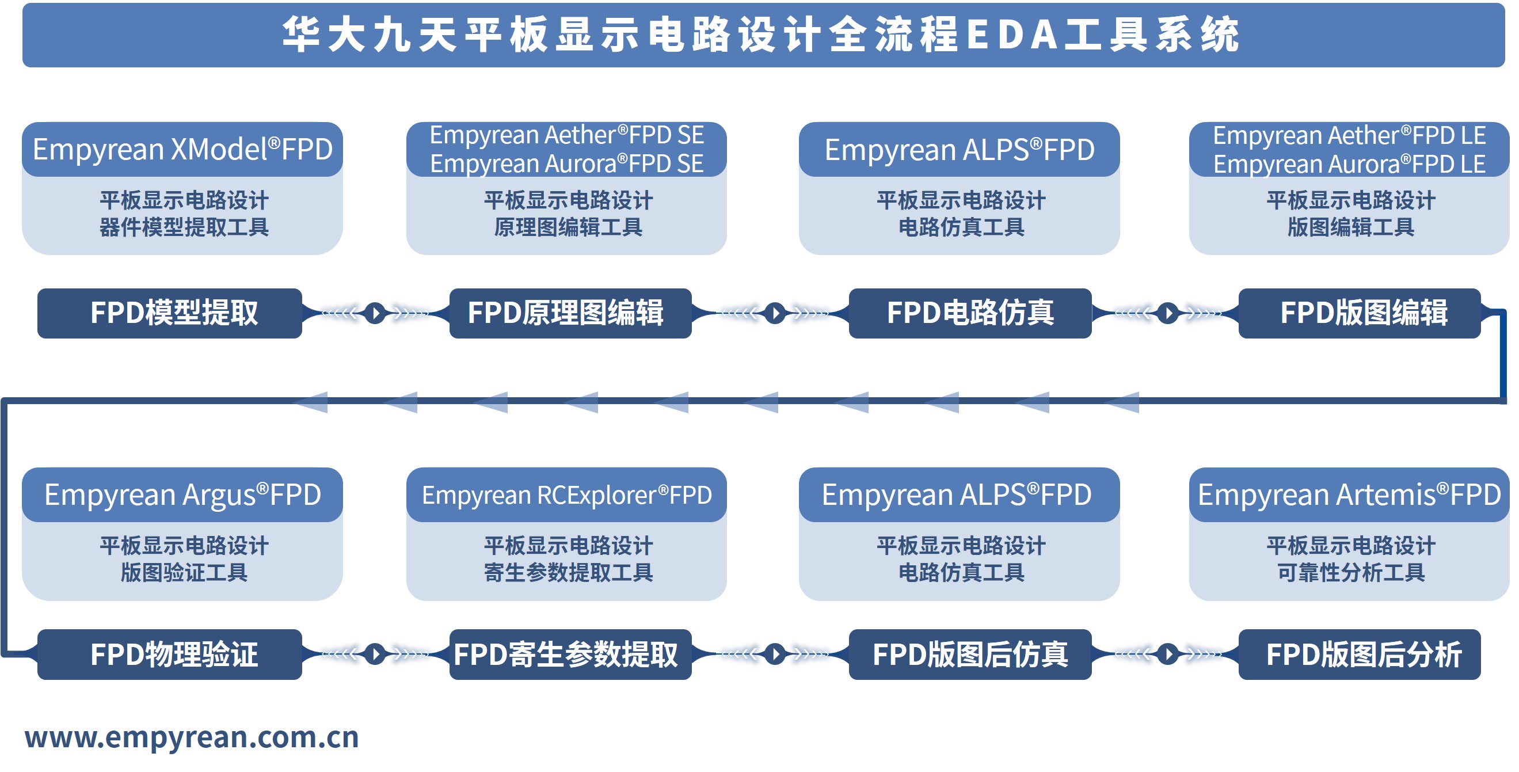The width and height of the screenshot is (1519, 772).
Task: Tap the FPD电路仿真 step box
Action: [x=969, y=313]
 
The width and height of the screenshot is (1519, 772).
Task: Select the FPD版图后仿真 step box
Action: [x=969, y=654]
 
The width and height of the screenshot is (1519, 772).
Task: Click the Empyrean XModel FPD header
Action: [x=182, y=149]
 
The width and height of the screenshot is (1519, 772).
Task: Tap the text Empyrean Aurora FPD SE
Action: [x=566, y=164]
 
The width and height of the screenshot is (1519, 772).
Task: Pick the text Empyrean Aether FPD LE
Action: [x=1349, y=136]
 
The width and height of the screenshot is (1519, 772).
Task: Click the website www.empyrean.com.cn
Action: [x=192, y=737]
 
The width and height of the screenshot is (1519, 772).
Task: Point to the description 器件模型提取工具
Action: [x=184, y=227]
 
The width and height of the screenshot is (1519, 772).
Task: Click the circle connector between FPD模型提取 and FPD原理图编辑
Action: [x=375, y=313]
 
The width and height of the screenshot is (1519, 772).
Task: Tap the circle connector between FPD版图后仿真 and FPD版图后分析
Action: [x=1167, y=654]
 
